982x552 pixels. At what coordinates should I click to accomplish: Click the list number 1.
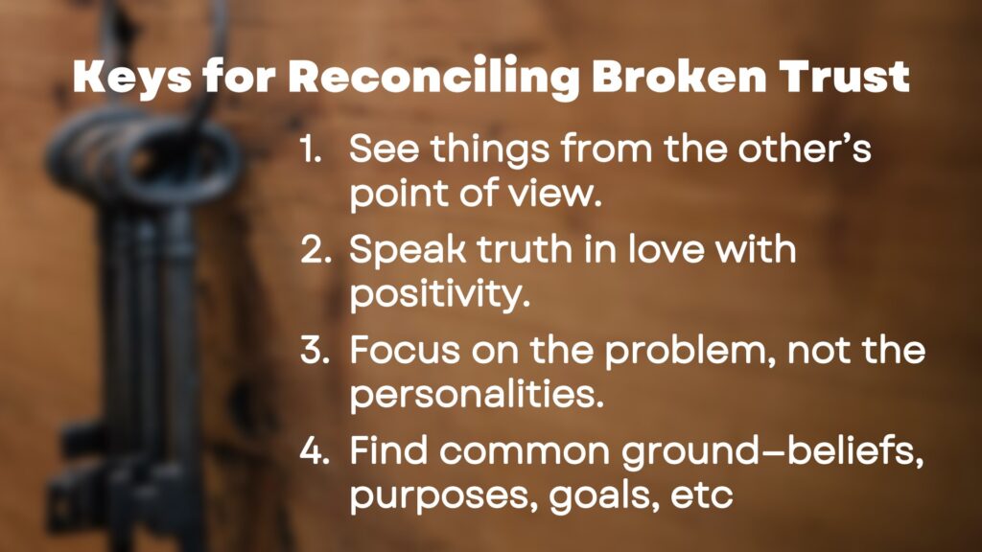[311, 150]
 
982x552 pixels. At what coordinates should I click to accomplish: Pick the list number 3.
[315, 350]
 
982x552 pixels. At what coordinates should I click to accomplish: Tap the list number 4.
[315, 450]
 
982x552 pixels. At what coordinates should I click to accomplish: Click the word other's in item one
[805, 149]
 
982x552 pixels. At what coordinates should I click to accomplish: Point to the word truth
[525, 249]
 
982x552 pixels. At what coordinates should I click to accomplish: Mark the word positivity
[440, 295]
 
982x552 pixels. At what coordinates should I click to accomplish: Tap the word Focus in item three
[406, 350]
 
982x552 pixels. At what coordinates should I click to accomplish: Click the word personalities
[477, 395]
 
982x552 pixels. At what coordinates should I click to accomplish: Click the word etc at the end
[701, 495]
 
